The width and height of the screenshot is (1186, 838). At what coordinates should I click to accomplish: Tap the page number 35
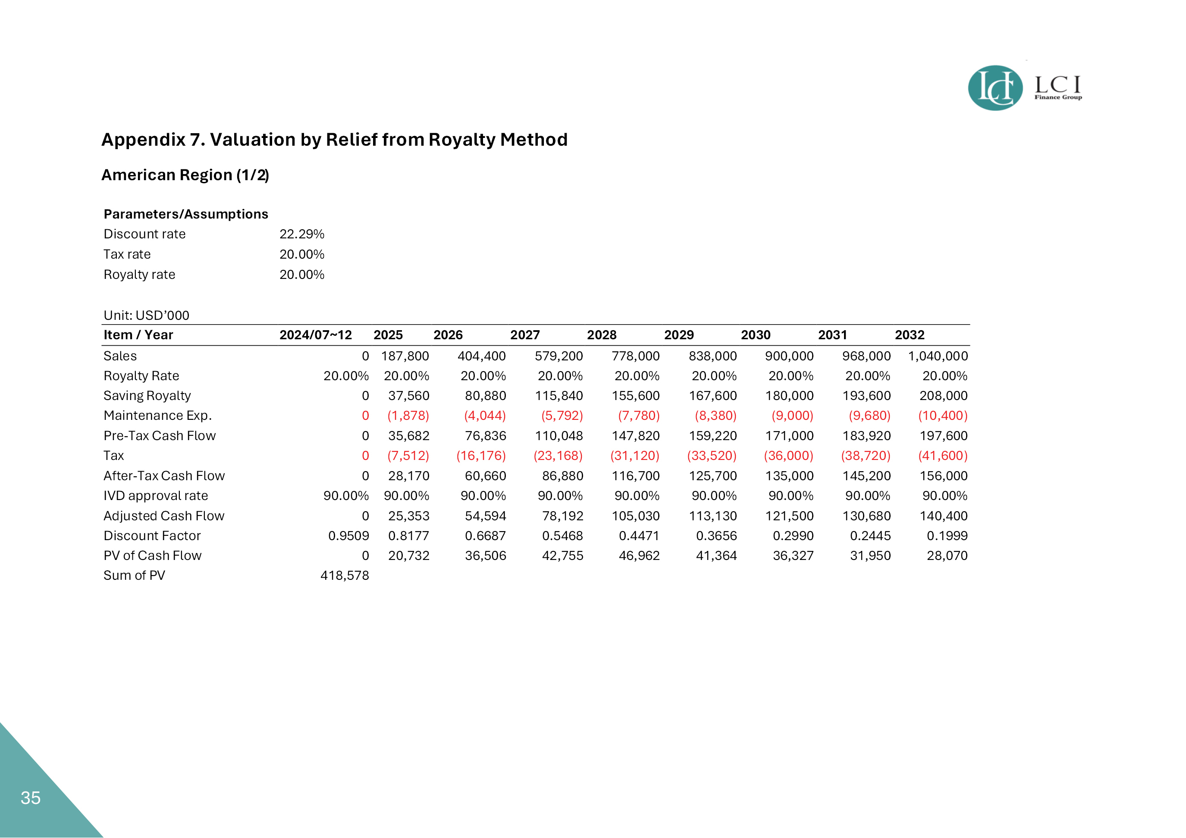[31, 798]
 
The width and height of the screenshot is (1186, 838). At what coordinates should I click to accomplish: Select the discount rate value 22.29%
[301, 234]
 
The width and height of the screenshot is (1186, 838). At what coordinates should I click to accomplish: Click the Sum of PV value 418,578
[345, 575]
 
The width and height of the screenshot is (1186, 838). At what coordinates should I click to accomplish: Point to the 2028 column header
[602, 335]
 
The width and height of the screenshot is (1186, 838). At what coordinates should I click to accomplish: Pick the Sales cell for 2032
[938, 356]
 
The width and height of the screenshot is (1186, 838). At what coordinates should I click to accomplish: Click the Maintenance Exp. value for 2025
[408, 416]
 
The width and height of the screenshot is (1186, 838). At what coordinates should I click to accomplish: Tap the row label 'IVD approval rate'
[156, 496]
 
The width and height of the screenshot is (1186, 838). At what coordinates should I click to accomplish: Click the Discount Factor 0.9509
[348, 535]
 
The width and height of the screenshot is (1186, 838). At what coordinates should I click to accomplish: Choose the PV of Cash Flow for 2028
[639, 556]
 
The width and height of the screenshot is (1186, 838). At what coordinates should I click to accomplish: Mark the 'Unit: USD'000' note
[146, 315]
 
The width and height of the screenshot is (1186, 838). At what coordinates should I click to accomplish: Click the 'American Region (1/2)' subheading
[185, 175]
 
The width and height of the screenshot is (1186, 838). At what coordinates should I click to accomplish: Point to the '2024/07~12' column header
[316, 335]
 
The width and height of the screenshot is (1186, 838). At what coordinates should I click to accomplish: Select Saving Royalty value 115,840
[558, 396]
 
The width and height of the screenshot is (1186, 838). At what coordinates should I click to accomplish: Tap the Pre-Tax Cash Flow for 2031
[866, 436]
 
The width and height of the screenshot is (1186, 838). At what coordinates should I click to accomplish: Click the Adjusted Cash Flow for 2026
[485, 516]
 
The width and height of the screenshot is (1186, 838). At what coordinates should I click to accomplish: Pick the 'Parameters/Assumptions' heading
[186, 214]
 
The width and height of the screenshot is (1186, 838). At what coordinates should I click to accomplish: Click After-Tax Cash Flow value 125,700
[712, 475]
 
